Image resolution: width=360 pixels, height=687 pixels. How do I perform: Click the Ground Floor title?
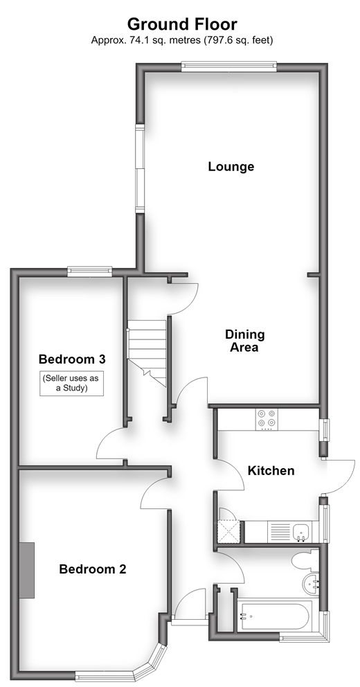(182, 24)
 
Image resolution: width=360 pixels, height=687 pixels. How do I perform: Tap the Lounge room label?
(231, 166)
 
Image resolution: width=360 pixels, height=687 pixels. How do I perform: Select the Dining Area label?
(245, 341)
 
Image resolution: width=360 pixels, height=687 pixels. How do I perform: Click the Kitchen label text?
(271, 471)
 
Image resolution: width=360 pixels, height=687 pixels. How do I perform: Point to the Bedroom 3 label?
(72, 359)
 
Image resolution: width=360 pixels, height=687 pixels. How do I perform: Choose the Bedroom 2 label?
(92, 569)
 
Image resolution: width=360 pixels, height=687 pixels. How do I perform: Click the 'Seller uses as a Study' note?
(71, 384)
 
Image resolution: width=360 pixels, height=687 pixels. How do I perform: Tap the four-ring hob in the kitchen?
(267, 418)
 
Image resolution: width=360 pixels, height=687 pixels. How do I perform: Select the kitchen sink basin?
(301, 531)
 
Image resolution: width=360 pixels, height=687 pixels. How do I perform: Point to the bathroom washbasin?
(312, 584)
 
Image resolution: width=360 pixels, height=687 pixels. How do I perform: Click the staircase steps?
(147, 350)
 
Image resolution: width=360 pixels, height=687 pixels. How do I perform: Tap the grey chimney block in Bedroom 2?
(27, 570)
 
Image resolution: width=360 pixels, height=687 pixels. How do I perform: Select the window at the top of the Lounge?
(229, 66)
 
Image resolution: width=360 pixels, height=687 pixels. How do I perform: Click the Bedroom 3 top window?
(90, 271)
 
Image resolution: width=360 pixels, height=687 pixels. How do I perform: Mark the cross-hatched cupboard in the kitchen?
(228, 531)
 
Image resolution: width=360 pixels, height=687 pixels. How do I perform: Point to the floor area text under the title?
(182, 40)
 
